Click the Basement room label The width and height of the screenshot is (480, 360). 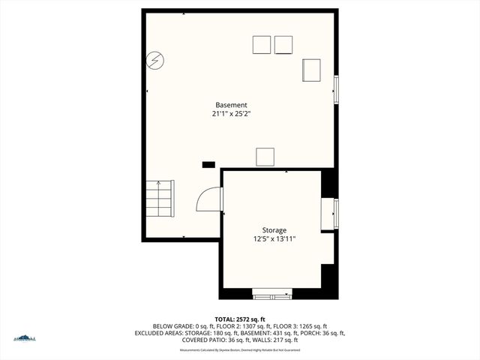(x=231, y=105)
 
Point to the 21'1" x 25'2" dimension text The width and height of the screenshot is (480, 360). (x=231, y=114)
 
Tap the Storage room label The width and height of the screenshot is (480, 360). (x=274, y=229)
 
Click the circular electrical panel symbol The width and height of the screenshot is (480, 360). (x=155, y=60)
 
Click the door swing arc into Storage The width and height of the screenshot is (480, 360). (x=207, y=199)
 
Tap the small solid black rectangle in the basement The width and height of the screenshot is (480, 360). (x=208, y=163)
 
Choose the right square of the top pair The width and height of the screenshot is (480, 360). (x=283, y=45)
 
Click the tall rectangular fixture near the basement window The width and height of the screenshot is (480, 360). (x=311, y=70)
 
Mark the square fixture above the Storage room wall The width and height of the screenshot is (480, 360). (x=265, y=157)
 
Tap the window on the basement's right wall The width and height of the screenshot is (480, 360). (x=336, y=90)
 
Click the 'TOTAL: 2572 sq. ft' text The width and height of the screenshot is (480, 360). (x=239, y=319)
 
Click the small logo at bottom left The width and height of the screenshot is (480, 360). (x=24, y=338)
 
